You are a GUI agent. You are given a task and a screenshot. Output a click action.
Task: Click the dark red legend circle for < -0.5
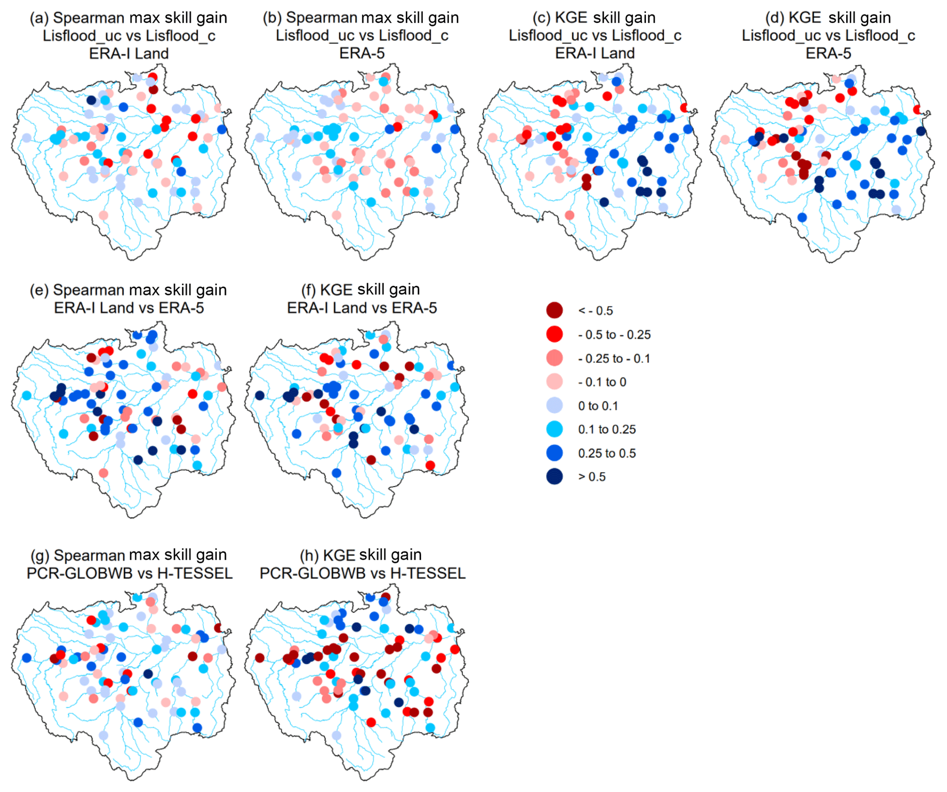pyautogui.click(x=554, y=310)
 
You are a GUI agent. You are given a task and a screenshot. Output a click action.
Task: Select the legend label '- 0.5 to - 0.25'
pyautogui.click(x=614, y=334)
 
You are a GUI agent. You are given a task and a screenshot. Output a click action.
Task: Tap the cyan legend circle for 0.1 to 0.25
pyautogui.click(x=554, y=429)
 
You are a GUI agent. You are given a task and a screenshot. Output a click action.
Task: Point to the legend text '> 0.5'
pyautogui.click(x=591, y=477)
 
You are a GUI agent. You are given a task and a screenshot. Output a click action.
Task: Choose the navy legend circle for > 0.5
pyautogui.click(x=554, y=476)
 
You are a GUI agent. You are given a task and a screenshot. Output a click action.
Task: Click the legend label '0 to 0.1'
pyautogui.click(x=598, y=406)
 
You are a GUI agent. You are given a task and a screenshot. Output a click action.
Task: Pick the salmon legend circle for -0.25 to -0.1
pyautogui.click(x=554, y=358)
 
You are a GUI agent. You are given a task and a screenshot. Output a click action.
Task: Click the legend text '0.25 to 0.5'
pyautogui.click(x=607, y=453)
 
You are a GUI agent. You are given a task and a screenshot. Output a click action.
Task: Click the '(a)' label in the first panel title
pyautogui.click(x=39, y=18)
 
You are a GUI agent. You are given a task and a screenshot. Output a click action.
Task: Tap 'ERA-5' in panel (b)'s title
pyautogui.click(x=362, y=53)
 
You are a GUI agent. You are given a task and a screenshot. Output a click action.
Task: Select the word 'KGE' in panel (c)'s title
pyautogui.click(x=571, y=17)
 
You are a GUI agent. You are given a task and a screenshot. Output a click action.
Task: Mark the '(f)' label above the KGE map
pyautogui.click(x=309, y=289)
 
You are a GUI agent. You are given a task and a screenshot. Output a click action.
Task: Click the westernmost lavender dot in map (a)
pyautogui.click(x=27, y=137)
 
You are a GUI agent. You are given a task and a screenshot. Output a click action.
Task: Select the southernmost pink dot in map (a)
pyautogui.click(x=104, y=215)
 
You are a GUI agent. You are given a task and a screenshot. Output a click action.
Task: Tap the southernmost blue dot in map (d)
pyautogui.click(x=802, y=218)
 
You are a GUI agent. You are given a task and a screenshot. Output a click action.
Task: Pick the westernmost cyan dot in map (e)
pyautogui.click(x=27, y=395)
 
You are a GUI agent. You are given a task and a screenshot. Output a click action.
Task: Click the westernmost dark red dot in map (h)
pyautogui.click(x=259, y=658)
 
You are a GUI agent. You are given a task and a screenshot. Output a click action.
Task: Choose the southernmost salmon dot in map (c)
pyautogui.click(x=569, y=215)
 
